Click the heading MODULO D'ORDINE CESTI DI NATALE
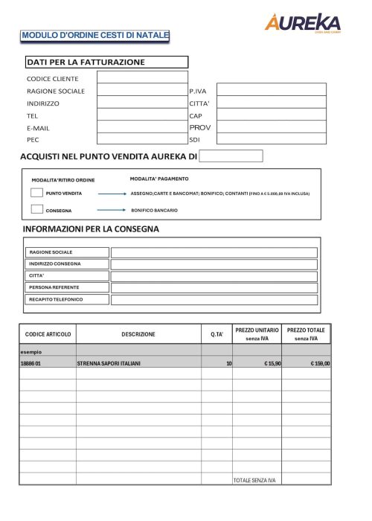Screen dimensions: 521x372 tap(95, 35)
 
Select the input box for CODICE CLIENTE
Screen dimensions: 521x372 tap(142, 77)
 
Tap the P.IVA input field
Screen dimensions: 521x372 tap(271, 89)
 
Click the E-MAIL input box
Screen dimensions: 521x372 tap(142, 127)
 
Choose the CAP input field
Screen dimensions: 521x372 tap(271, 115)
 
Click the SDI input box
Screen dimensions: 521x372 tap(271, 139)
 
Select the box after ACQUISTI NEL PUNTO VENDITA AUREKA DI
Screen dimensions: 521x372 tap(231, 156)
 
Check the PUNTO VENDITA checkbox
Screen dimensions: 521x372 tap(36, 193)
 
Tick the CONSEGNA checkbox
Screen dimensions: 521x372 tap(36, 210)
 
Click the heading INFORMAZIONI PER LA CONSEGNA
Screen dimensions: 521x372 tap(91, 228)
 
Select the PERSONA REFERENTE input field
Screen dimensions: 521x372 tap(214, 287)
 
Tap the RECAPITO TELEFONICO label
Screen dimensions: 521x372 tap(56, 299)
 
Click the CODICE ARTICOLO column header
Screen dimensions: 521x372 tap(48, 334)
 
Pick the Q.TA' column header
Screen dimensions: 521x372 tap(217, 334)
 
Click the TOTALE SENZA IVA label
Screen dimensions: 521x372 tap(254, 480)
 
